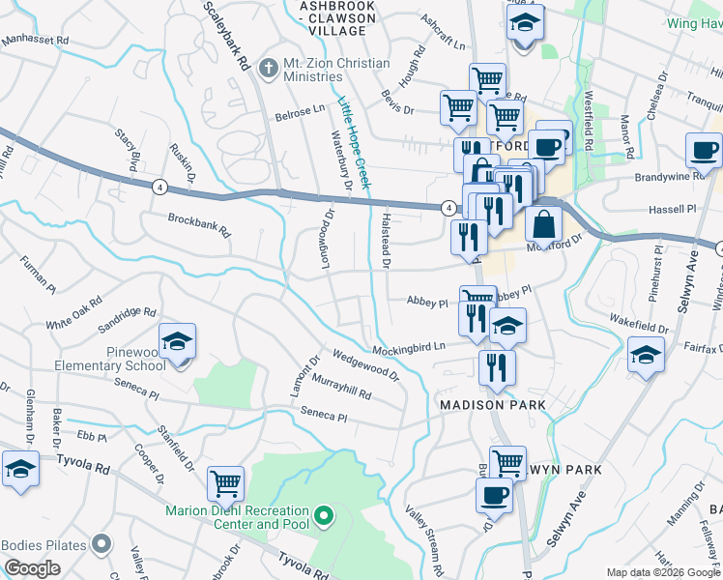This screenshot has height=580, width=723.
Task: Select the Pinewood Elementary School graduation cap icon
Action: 178,341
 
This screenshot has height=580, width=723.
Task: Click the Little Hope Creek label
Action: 354,135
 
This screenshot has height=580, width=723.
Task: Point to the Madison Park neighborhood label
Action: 492,404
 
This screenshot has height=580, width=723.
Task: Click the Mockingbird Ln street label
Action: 411,346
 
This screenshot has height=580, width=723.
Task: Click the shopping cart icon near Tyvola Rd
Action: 225,482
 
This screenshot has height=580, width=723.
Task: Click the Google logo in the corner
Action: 33,568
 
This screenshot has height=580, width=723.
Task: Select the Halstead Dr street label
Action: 387,240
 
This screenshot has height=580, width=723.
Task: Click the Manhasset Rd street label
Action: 36,42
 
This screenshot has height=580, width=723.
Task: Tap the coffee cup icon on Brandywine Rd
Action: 703,150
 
